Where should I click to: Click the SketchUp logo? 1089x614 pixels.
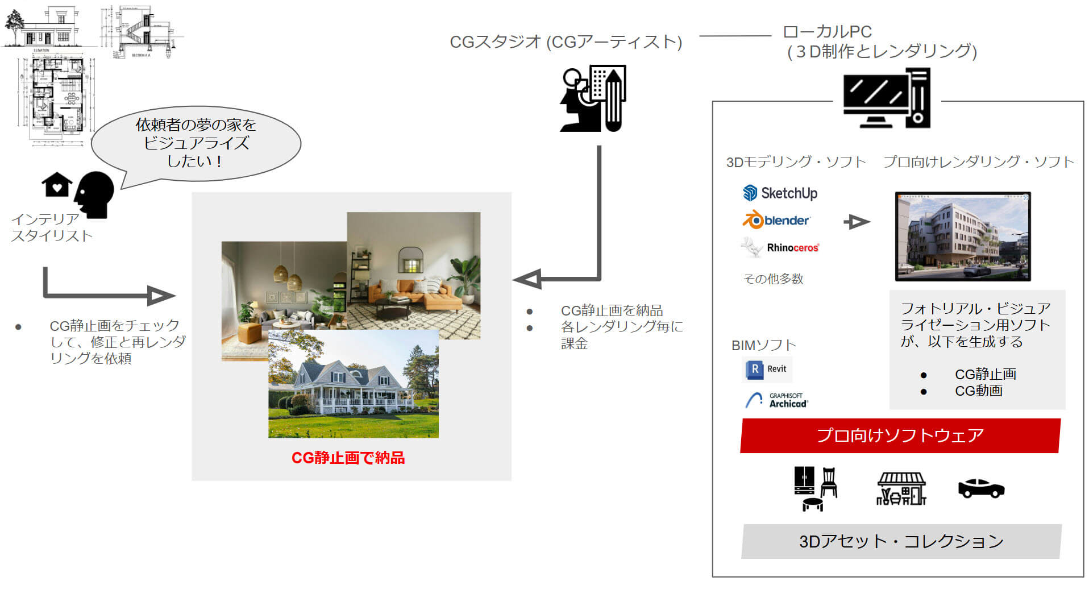(780, 193)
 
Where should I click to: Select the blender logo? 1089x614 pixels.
(776, 220)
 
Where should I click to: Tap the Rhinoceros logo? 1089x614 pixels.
(780, 247)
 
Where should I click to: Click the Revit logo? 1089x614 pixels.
(767, 369)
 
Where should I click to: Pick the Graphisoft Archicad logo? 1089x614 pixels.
(776, 400)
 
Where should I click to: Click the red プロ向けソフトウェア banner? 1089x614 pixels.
(900, 435)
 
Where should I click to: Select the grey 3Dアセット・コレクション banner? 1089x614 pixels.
(901, 541)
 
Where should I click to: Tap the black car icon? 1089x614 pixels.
(981, 488)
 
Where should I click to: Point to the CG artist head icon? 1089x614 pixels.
(592, 99)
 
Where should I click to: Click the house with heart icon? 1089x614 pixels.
(57, 185)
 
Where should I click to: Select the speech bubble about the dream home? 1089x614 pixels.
(196, 143)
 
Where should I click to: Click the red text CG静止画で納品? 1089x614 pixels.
(348, 458)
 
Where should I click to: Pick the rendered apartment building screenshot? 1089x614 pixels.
(962, 237)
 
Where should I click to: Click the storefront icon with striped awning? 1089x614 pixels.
(901, 488)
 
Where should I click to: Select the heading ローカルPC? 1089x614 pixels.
(827, 32)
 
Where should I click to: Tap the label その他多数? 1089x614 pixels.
(773, 279)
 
